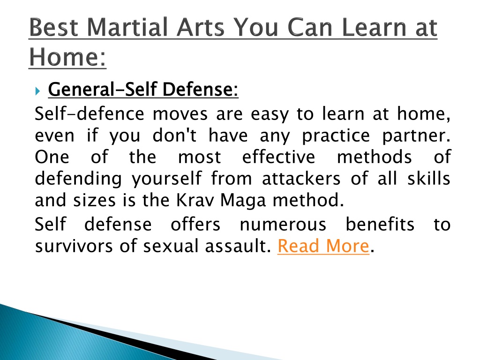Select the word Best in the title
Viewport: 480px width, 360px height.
click(54, 27)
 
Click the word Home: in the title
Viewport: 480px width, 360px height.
click(67, 57)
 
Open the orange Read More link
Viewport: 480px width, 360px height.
click(323, 246)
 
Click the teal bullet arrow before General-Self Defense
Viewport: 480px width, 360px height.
click(37, 91)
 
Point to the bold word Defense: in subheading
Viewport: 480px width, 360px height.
click(200, 90)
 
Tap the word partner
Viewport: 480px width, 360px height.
click(416, 136)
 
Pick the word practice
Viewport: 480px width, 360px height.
click(336, 136)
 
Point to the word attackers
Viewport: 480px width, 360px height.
click(301, 179)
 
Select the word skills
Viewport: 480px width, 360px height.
click(428, 179)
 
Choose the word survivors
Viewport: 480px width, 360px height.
click(74, 246)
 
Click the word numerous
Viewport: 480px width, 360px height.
click(283, 225)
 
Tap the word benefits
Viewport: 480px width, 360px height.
click(380, 224)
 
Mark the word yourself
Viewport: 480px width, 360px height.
click(167, 179)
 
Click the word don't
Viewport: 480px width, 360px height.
click(174, 135)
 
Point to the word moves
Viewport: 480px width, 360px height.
click(180, 114)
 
